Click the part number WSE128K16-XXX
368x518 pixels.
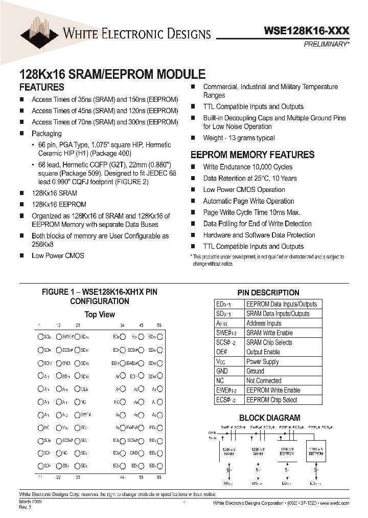[306, 31]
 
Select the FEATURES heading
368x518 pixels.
[41, 88]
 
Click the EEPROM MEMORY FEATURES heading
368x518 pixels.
[252, 155]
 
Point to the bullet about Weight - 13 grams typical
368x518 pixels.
[239, 138]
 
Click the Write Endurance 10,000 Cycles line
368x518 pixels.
[247, 167]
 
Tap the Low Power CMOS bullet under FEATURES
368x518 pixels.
[58, 255]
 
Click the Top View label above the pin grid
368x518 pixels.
[99, 314]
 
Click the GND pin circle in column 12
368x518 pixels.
[58, 363]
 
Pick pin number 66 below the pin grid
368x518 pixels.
[159, 477]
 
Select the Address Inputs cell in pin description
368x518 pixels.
[264, 323]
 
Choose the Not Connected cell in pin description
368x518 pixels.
[264, 380]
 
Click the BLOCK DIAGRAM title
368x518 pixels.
[269, 418]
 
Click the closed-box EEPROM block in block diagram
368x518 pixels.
[316, 451]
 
